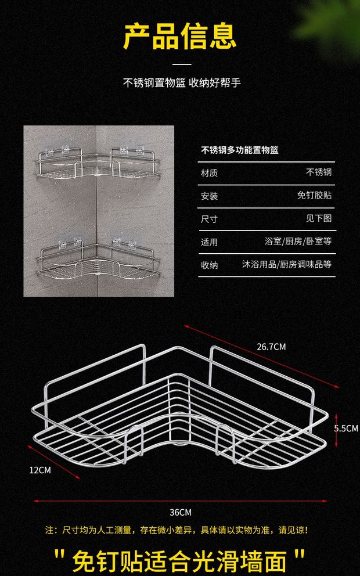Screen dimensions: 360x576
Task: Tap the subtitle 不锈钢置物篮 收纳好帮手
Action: click(182, 82)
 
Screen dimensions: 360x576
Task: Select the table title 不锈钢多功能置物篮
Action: click(240, 150)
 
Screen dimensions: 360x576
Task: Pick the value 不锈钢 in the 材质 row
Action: click(319, 172)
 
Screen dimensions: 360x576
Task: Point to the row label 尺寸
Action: click(209, 219)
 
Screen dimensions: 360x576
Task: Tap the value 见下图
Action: click(319, 218)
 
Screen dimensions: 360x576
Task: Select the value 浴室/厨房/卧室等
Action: click(298, 242)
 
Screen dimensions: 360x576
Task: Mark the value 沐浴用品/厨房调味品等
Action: click(287, 264)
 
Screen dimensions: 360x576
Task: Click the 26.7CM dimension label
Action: click(271, 347)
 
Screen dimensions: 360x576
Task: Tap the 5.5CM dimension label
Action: click(346, 428)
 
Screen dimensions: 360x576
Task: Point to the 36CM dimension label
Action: click(181, 512)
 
